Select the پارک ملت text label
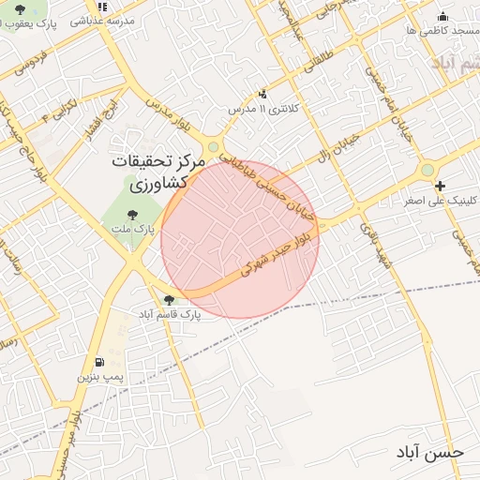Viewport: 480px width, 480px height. (x=139, y=229)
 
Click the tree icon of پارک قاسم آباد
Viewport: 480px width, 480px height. (x=169, y=300)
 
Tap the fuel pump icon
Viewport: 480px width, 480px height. (x=99, y=363)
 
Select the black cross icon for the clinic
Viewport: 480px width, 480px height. (x=441, y=186)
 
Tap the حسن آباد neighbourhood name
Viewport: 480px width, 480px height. (x=429, y=452)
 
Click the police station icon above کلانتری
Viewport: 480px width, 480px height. (x=262, y=94)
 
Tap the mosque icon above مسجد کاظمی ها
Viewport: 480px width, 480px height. (x=442, y=16)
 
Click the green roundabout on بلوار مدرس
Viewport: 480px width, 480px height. (x=214, y=146)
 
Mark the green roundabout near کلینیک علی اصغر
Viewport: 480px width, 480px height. (x=427, y=170)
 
